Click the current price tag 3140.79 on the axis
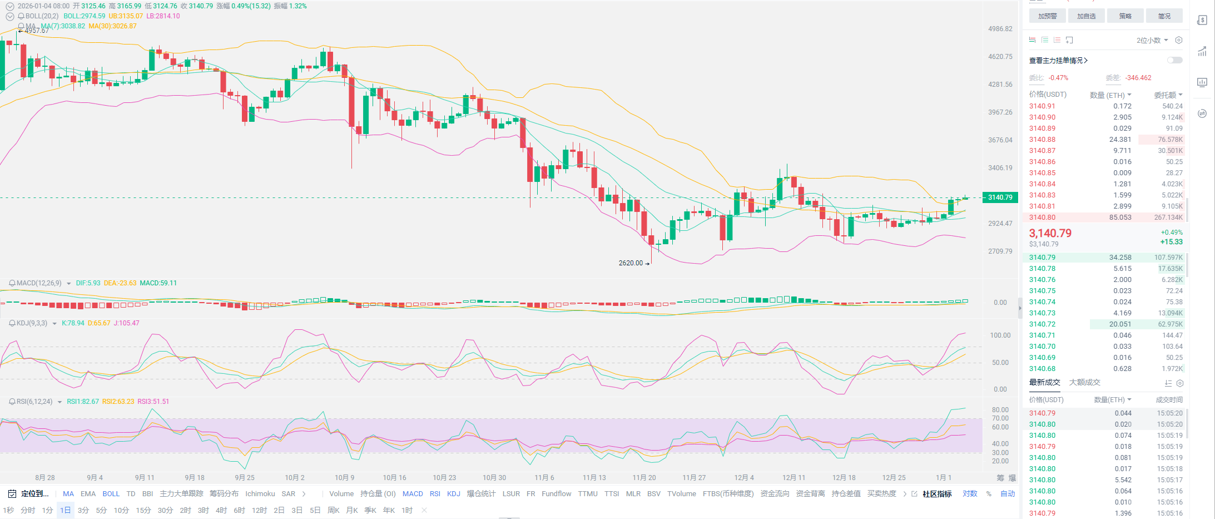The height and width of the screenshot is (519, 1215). (1000, 197)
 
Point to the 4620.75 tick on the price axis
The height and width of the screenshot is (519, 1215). (1000, 57)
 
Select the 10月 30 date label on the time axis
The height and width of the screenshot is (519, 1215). (494, 478)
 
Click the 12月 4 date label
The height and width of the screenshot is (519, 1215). (744, 478)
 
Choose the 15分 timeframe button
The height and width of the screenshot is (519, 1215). (143, 510)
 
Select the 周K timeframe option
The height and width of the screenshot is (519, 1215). (334, 510)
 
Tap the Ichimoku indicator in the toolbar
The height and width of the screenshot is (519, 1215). (260, 494)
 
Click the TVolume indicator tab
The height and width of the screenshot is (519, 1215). (681, 494)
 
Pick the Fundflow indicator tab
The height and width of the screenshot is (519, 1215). (556, 494)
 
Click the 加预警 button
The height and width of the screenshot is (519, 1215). (1047, 16)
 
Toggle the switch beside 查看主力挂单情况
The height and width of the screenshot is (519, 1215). (1174, 60)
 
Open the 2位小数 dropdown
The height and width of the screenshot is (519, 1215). (1152, 41)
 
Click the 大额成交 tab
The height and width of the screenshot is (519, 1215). (1084, 383)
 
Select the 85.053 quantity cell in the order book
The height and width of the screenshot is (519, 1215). (1120, 218)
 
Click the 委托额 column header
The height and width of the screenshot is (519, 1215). (1168, 95)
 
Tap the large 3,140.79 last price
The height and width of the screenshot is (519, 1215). (1050, 234)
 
